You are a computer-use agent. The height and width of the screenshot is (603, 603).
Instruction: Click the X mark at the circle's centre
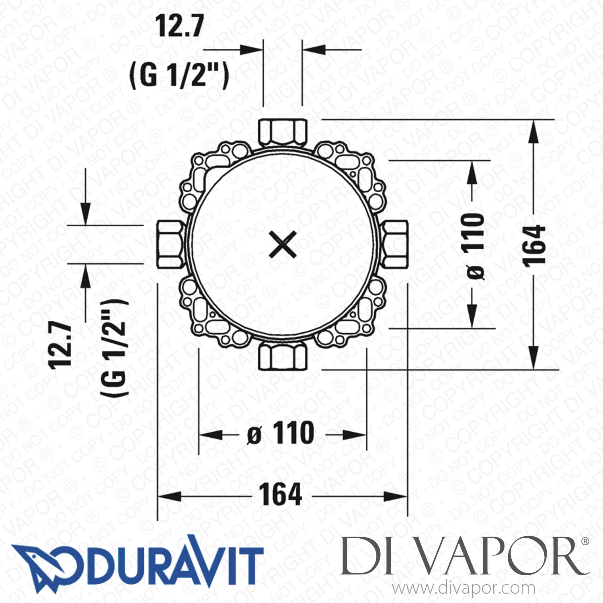click(x=283, y=244)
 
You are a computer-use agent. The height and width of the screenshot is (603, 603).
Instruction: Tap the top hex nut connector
click(x=283, y=131)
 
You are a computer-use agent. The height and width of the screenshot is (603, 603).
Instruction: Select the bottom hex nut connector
click(x=283, y=356)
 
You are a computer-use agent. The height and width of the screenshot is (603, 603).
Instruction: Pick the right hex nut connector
click(x=396, y=244)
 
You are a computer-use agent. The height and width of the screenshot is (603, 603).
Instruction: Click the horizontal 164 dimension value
click(x=280, y=495)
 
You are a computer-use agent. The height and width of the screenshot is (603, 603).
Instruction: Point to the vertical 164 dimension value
click(x=534, y=246)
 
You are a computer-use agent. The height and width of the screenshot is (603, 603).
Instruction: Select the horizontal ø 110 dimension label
click(x=281, y=433)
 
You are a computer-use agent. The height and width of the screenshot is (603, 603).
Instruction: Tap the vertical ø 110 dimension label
click(x=474, y=246)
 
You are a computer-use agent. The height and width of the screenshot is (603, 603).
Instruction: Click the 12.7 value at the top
click(x=180, y=26)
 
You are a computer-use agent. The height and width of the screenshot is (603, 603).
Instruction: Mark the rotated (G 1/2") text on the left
click(x=114, y=347)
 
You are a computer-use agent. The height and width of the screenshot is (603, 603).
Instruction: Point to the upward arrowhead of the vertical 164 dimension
click(x=533, y=131)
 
